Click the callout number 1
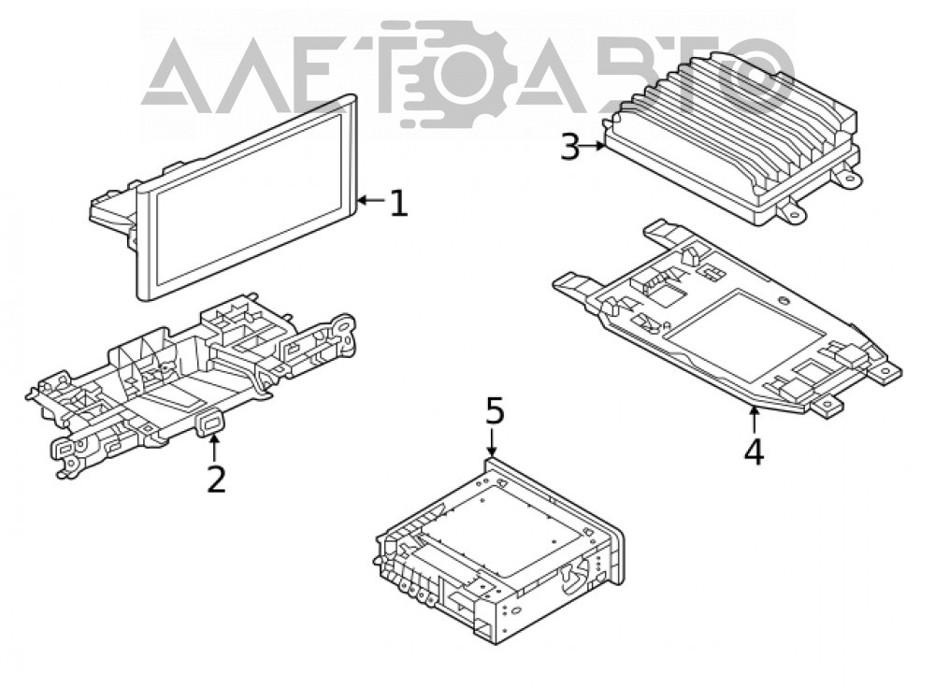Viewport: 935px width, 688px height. tap(399, 203)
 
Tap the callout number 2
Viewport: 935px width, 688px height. tap(217, 479)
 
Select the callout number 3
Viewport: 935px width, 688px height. tap(570, 147)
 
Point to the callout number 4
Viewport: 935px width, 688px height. tap(754, 451)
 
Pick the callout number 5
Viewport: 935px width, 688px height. tap(495, 410)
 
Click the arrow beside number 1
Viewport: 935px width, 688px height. tap(371, 201)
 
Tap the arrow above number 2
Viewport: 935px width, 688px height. tap(213, 449)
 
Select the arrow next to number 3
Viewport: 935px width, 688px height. tap(594, 145)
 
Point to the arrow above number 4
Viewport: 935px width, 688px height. tap(754, 419)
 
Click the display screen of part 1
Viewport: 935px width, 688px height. tap(248, 197)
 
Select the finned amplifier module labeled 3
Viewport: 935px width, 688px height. tap(733, 138)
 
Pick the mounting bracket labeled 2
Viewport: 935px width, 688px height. tap(191, 382)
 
